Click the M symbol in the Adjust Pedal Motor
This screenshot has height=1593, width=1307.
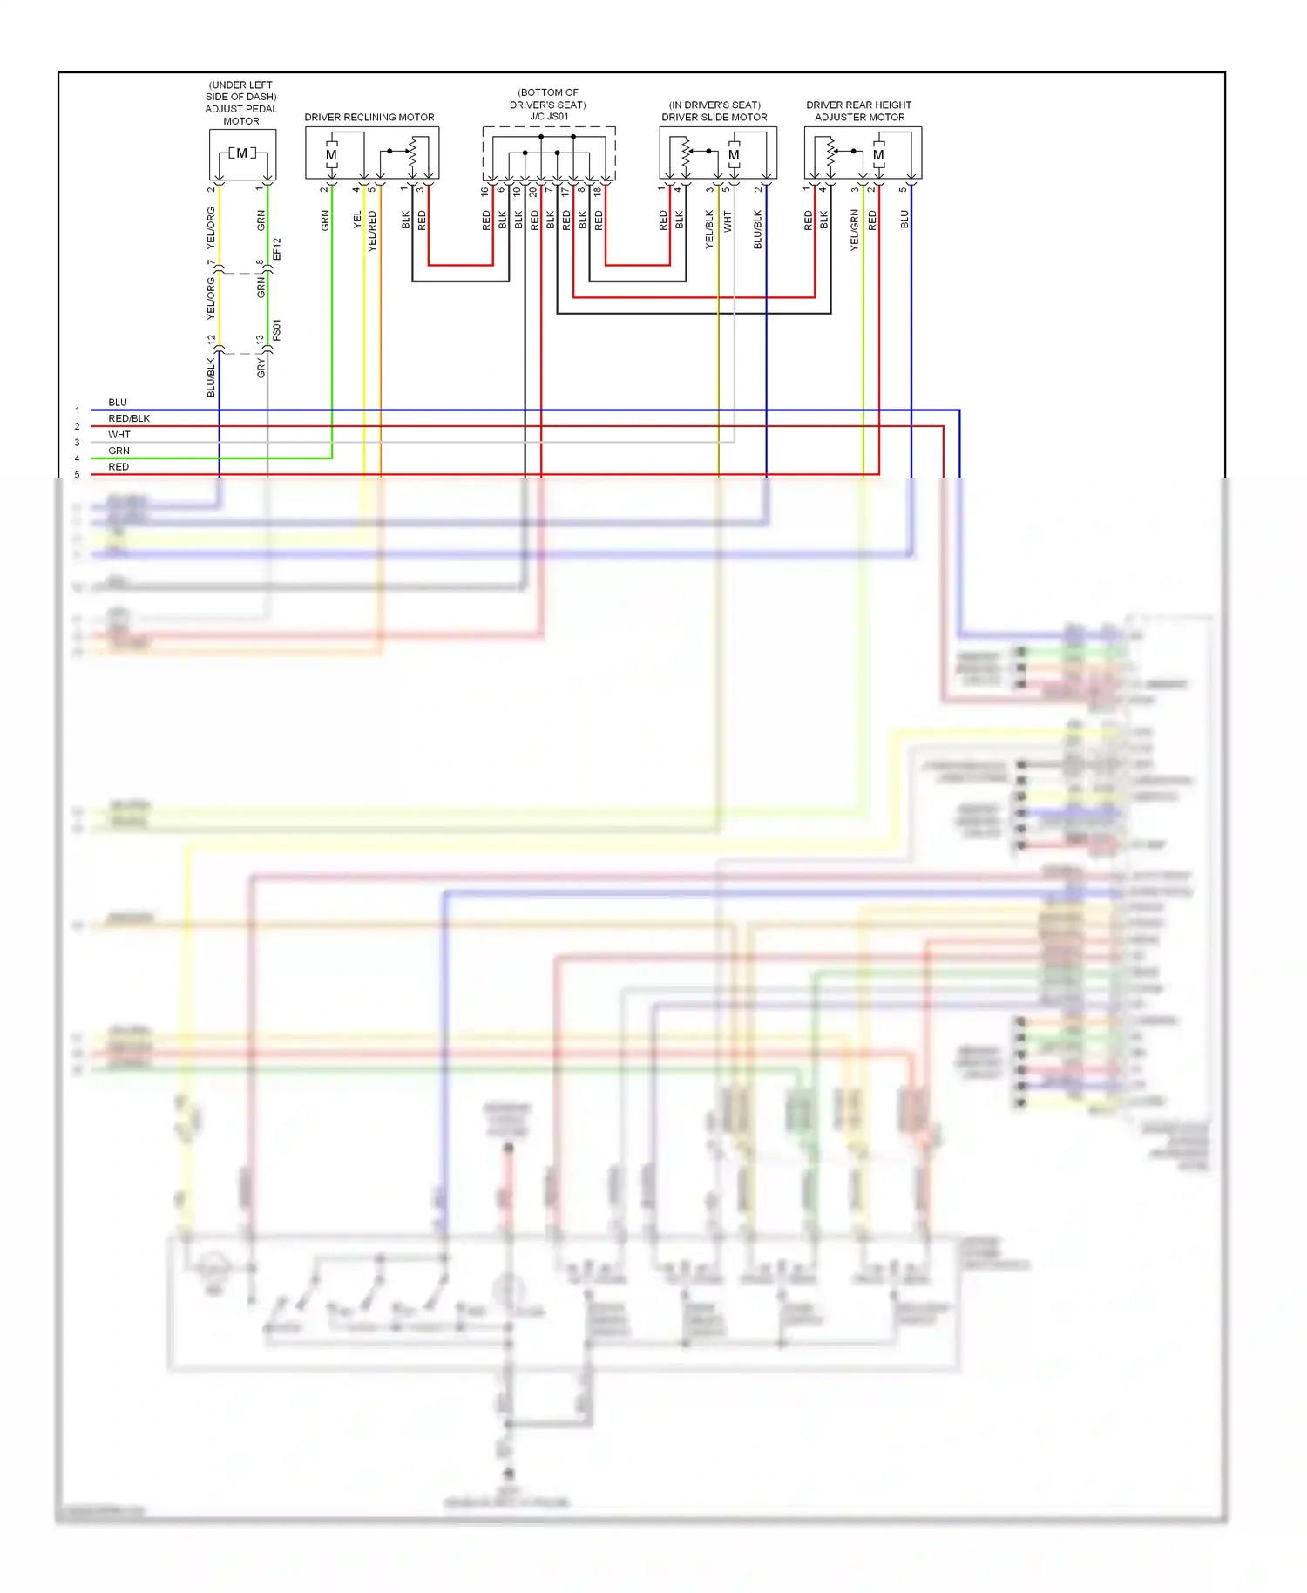(241, 153)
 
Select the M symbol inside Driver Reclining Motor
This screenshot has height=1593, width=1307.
(331, 155)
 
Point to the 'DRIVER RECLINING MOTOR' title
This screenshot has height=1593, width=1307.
(369, 117)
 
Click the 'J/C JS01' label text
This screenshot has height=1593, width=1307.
(549, 117)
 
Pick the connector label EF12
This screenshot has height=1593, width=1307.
(277, 249)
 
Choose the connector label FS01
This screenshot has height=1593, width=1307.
(277, 329)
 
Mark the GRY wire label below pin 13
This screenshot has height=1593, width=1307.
(261, 369)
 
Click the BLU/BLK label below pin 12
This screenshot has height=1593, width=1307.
(211, 376)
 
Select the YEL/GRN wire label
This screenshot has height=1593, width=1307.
(855, 230)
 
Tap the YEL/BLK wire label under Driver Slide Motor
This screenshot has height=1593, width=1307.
(709, 229)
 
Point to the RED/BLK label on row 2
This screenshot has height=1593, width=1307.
(129, 418)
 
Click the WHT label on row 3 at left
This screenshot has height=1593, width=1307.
(119, 435)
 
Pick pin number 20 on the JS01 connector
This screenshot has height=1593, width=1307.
(533, 191)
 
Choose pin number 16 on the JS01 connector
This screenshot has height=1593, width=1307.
(484, 191)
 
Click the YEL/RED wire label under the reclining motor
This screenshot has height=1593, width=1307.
(372, 231)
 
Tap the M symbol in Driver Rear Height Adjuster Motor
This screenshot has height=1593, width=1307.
(878, 155)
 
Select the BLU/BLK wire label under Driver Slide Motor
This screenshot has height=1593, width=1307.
(758, 229)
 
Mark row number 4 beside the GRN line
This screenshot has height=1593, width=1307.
(77, 458)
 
